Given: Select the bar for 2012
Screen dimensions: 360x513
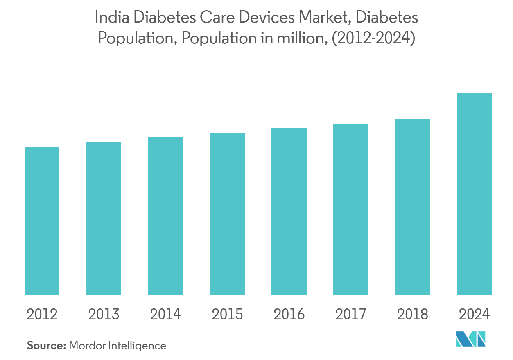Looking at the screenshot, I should (42, 221).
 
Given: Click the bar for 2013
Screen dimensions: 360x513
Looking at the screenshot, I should (104, 218).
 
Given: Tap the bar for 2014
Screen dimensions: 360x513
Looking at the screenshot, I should (165, 216).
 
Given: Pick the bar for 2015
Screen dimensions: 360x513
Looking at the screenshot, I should (227, 214).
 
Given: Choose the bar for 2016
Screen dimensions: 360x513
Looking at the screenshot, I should (289, 211).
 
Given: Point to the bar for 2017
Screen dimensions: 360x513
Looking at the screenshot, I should (351, 209).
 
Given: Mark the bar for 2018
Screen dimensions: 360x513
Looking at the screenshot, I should (413, 207).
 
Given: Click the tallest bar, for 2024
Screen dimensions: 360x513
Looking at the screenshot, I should (474, 194).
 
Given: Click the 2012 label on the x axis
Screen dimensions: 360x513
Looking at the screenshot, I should (42, 315).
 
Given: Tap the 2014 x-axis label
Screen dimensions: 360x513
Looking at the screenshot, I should (165, 315).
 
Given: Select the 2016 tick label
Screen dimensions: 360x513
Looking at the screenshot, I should (289, 315).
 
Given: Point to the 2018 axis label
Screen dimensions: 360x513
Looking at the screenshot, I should (413, 315).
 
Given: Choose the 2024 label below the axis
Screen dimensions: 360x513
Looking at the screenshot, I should (474, 315).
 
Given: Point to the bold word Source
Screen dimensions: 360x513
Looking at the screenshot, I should (46, 346).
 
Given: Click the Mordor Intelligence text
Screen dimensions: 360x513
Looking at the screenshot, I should (118, 346).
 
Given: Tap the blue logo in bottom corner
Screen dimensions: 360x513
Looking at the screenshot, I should (470, 340).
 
